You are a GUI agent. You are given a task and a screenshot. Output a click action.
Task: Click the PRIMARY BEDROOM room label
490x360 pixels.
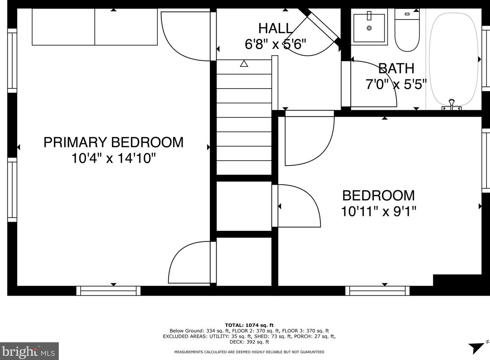point(114,142)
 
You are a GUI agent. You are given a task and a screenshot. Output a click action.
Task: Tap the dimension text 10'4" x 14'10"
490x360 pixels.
point(114,158)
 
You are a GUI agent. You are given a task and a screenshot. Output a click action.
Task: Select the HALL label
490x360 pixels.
point(275,28)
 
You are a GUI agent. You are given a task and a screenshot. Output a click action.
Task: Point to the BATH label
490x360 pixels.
point(396,68)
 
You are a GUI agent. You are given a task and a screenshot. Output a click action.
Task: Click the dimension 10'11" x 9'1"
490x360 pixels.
point(378,211)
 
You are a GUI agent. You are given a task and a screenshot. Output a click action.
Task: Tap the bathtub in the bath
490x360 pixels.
point(454,62)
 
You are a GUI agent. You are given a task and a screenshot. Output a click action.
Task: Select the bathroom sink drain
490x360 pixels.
point(369,28)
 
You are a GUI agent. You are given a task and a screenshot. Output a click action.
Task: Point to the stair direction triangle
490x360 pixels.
point(244,63)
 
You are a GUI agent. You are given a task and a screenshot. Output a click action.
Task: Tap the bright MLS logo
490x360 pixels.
point(29,351)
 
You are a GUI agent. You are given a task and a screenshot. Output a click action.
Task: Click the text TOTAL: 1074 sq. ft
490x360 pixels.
point(249,325)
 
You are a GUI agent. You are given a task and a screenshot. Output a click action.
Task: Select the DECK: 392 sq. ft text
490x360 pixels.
point(249,342)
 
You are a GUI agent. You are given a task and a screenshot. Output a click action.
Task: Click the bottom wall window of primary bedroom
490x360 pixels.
point(108,291)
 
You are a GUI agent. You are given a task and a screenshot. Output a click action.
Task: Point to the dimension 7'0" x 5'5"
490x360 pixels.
point(396,84)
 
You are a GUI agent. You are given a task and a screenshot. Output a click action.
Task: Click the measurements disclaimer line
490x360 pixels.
point(249,352)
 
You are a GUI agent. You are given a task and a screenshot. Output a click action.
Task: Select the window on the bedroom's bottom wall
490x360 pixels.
point(377,291)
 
